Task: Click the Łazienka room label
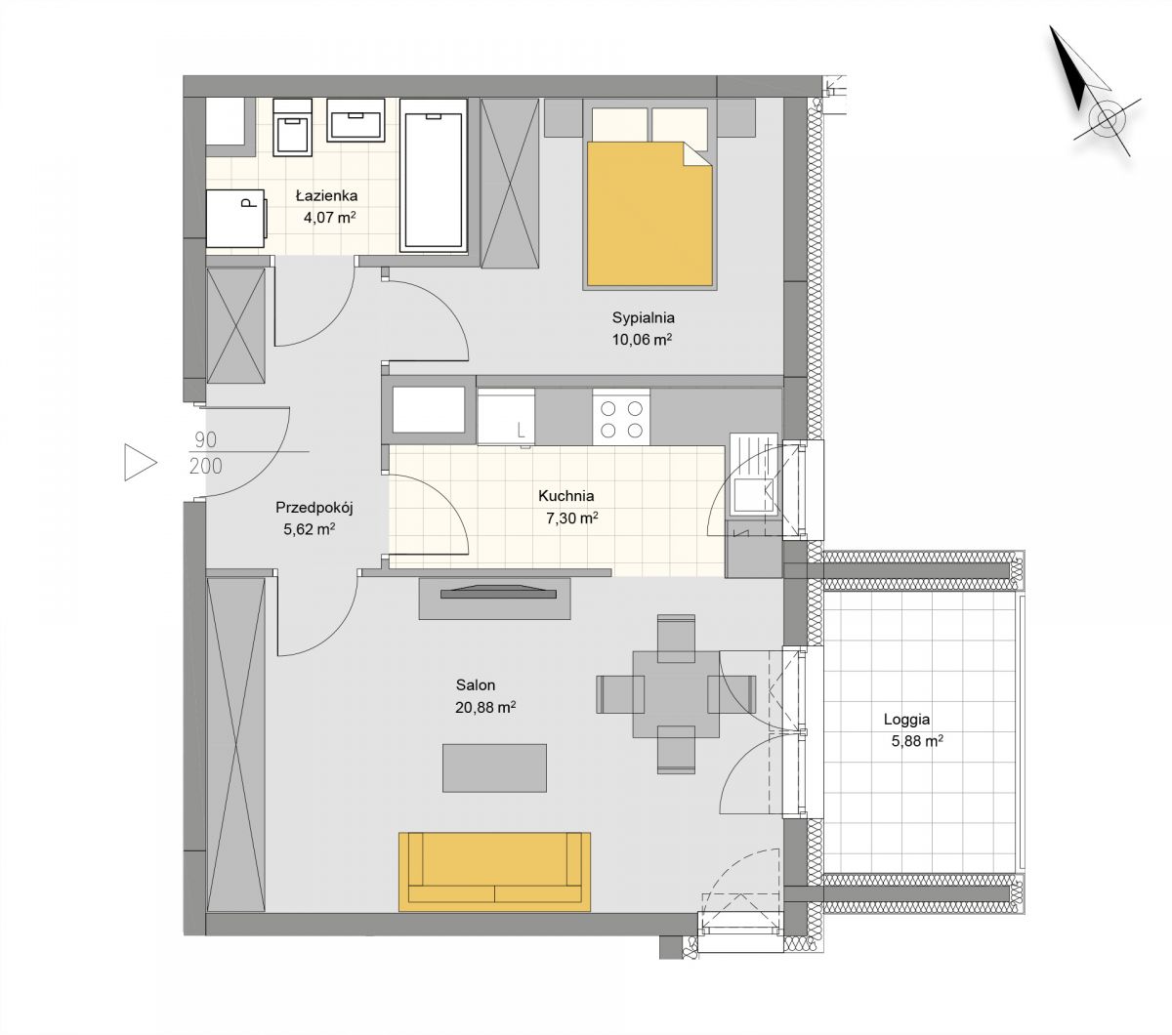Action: point(326,195)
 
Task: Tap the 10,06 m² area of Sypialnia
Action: point(642,340)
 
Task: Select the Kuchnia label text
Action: point(565,496)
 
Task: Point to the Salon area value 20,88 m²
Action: point(485,708)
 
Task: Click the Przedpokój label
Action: point(314,508)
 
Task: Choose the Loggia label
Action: point(906,720)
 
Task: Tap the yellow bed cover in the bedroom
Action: point(649,214)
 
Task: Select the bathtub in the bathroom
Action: point(434,176)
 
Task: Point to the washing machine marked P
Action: point(236,218)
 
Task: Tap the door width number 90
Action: point(205,440)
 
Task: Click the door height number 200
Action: point(205,466)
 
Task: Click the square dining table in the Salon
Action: point(676,694)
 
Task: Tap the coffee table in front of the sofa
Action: point(494,767)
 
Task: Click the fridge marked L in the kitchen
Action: point(506,417)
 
